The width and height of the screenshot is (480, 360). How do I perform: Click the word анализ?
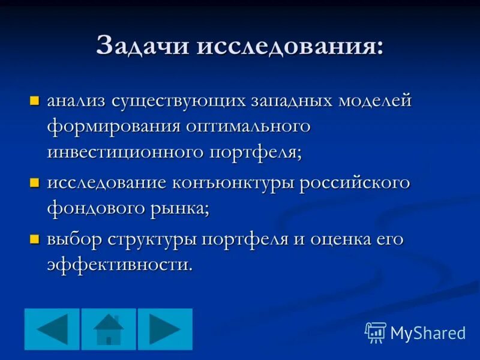(76, 100)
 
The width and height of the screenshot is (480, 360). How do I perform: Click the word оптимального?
(248, 126)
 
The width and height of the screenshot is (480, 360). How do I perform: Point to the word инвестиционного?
(124, 151)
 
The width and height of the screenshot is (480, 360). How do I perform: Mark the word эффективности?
(119, 265)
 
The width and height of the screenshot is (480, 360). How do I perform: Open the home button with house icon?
(109, 329)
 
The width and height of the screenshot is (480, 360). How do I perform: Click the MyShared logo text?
(427, 332)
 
